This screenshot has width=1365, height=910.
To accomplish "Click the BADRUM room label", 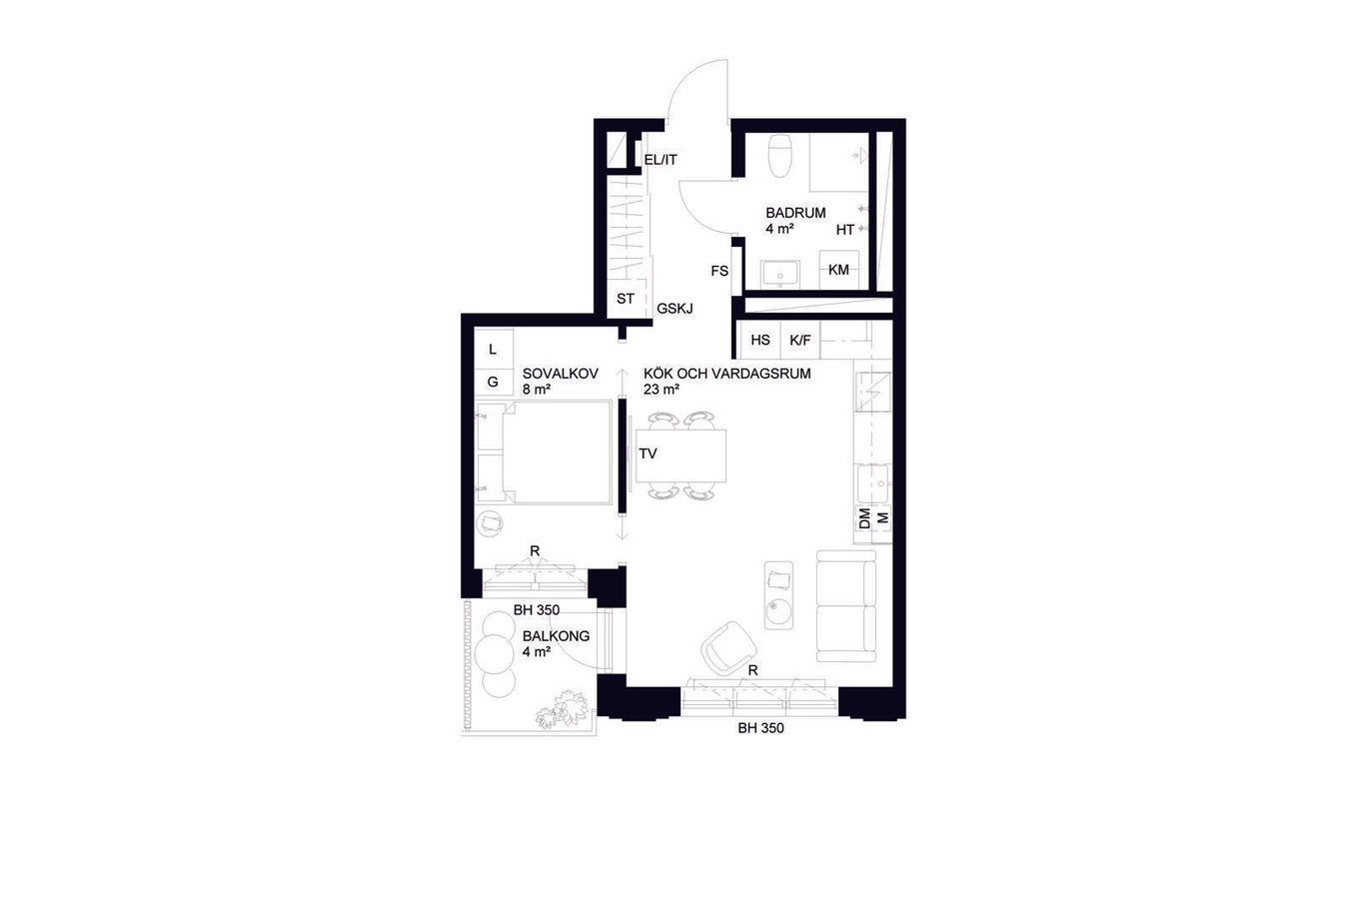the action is click(x=795, y=213).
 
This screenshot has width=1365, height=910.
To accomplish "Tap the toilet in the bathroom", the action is click(x=779, y=155).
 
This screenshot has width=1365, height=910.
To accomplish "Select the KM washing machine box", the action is click(x=838, y=270).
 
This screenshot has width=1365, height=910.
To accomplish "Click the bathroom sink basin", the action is click(x=779, y=274).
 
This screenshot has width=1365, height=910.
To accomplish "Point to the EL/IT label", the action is click(x=661, y=160).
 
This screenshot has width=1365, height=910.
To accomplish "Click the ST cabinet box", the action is click(x=626, y=299).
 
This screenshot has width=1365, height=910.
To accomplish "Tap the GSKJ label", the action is click(x=675, y=309).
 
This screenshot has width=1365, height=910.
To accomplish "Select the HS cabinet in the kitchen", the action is click(x=759, y=340).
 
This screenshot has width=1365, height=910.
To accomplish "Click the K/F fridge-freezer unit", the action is click(x=800, y=340).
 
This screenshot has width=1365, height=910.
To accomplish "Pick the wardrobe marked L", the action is click(x=494, y=349).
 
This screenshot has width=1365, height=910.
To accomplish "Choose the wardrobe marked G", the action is click(x=494, y=382).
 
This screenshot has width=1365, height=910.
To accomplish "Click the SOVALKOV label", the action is click(x=560, y=374).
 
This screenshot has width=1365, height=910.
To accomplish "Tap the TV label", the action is click(x=648, y=454).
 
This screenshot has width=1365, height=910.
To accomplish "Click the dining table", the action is click(x=681, y=455).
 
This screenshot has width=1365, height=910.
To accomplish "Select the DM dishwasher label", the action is click(x=864, y=518).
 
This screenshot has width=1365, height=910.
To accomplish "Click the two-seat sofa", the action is click(x=846, y=606).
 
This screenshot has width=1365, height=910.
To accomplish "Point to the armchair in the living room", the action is click(x=728, y=647).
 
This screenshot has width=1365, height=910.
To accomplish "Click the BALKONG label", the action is click(x=556, y=636).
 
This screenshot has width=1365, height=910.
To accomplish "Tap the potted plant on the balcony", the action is click(x=563, y=709).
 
